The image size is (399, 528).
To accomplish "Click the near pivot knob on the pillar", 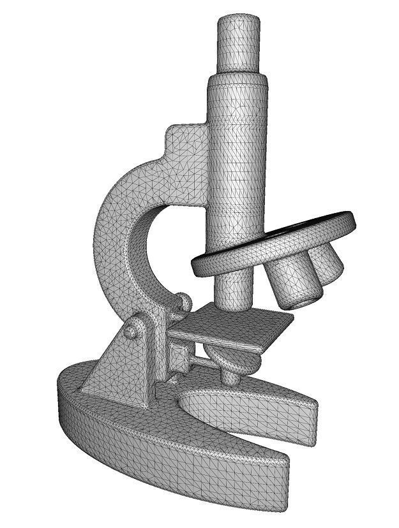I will click(132, 330).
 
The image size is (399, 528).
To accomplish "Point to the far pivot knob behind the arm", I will click(184, 301).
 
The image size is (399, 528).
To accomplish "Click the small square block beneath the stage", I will click(179, 358).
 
